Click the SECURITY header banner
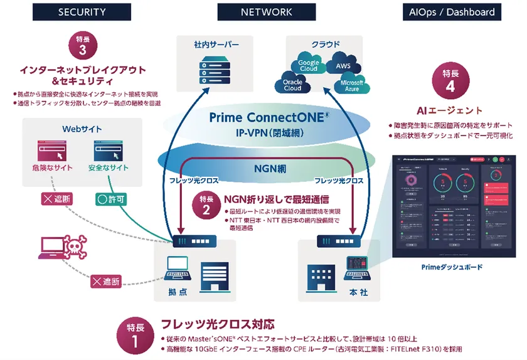[82, 12]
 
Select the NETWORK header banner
[266, 12]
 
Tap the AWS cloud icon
[343, 66]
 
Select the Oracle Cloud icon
[292, 85]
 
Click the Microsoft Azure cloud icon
[351, 86]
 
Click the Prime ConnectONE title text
[266, 117]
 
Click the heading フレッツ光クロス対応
[218, 324]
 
